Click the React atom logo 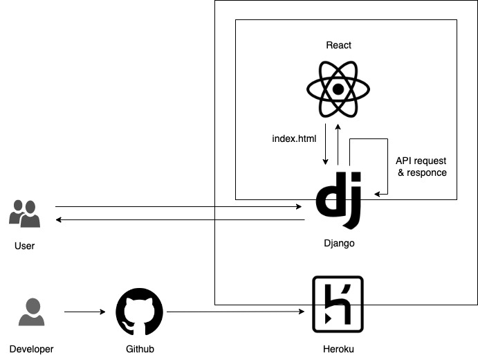pyautogui.click(x=338, y=89)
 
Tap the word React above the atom pyautogui.click(x=338, y=45)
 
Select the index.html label pyautogui.click(x=294, y=138)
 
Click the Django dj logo pyautogui.click(x=338, y=200)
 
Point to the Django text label pyautogui.click(x=338, y=244)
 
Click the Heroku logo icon pyautogui.click(x=338, y=305)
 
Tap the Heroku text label pyautogui.click(x=338, y=349)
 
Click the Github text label pyautogui.click(x=139, y=349)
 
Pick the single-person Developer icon pyautogui.click(x=31, y=312)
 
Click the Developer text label pyautogui.click(x=31, y=349)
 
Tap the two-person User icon pyautogui.click(x=24, y=213)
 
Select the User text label pyautogui.click(x=24, y=246)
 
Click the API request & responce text pyautogui.click(x=421, y=166)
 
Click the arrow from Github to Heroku pyautogui.click(x=235, y=312)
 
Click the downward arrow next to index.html pyautogui.click(x=325, y=145)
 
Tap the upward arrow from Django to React pyautogui.click(x=338, y=145)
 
